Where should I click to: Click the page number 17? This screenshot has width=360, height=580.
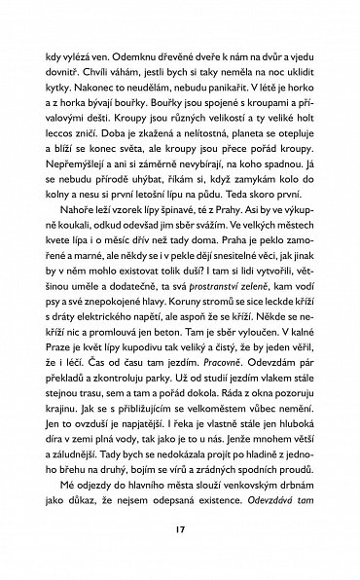point(180,533)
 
